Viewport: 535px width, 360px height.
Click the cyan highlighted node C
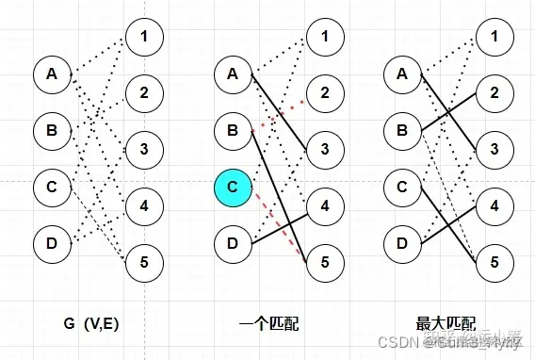(x=233, y=188)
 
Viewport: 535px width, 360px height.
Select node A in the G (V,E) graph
(x=53, y=72)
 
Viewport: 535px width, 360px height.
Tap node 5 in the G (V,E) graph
(x=144, y=259)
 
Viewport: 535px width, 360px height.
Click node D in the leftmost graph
(x=53, y=245)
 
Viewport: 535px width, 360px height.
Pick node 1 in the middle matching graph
(x=325, y=38)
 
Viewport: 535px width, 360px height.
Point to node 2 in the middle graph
(x=325, y=92)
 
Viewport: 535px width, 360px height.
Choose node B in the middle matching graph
(x=233, y=129)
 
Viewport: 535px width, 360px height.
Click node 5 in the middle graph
(x=325, y=259)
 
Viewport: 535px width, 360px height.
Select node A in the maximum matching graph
(x=402, y=72)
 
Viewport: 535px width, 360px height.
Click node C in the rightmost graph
(x=402, y=188)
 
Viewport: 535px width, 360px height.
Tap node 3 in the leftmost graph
(x=144, y=148)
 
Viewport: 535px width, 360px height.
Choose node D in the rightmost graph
(x=402, y=245)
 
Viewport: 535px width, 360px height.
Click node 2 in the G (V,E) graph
(x=144, y=92)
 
